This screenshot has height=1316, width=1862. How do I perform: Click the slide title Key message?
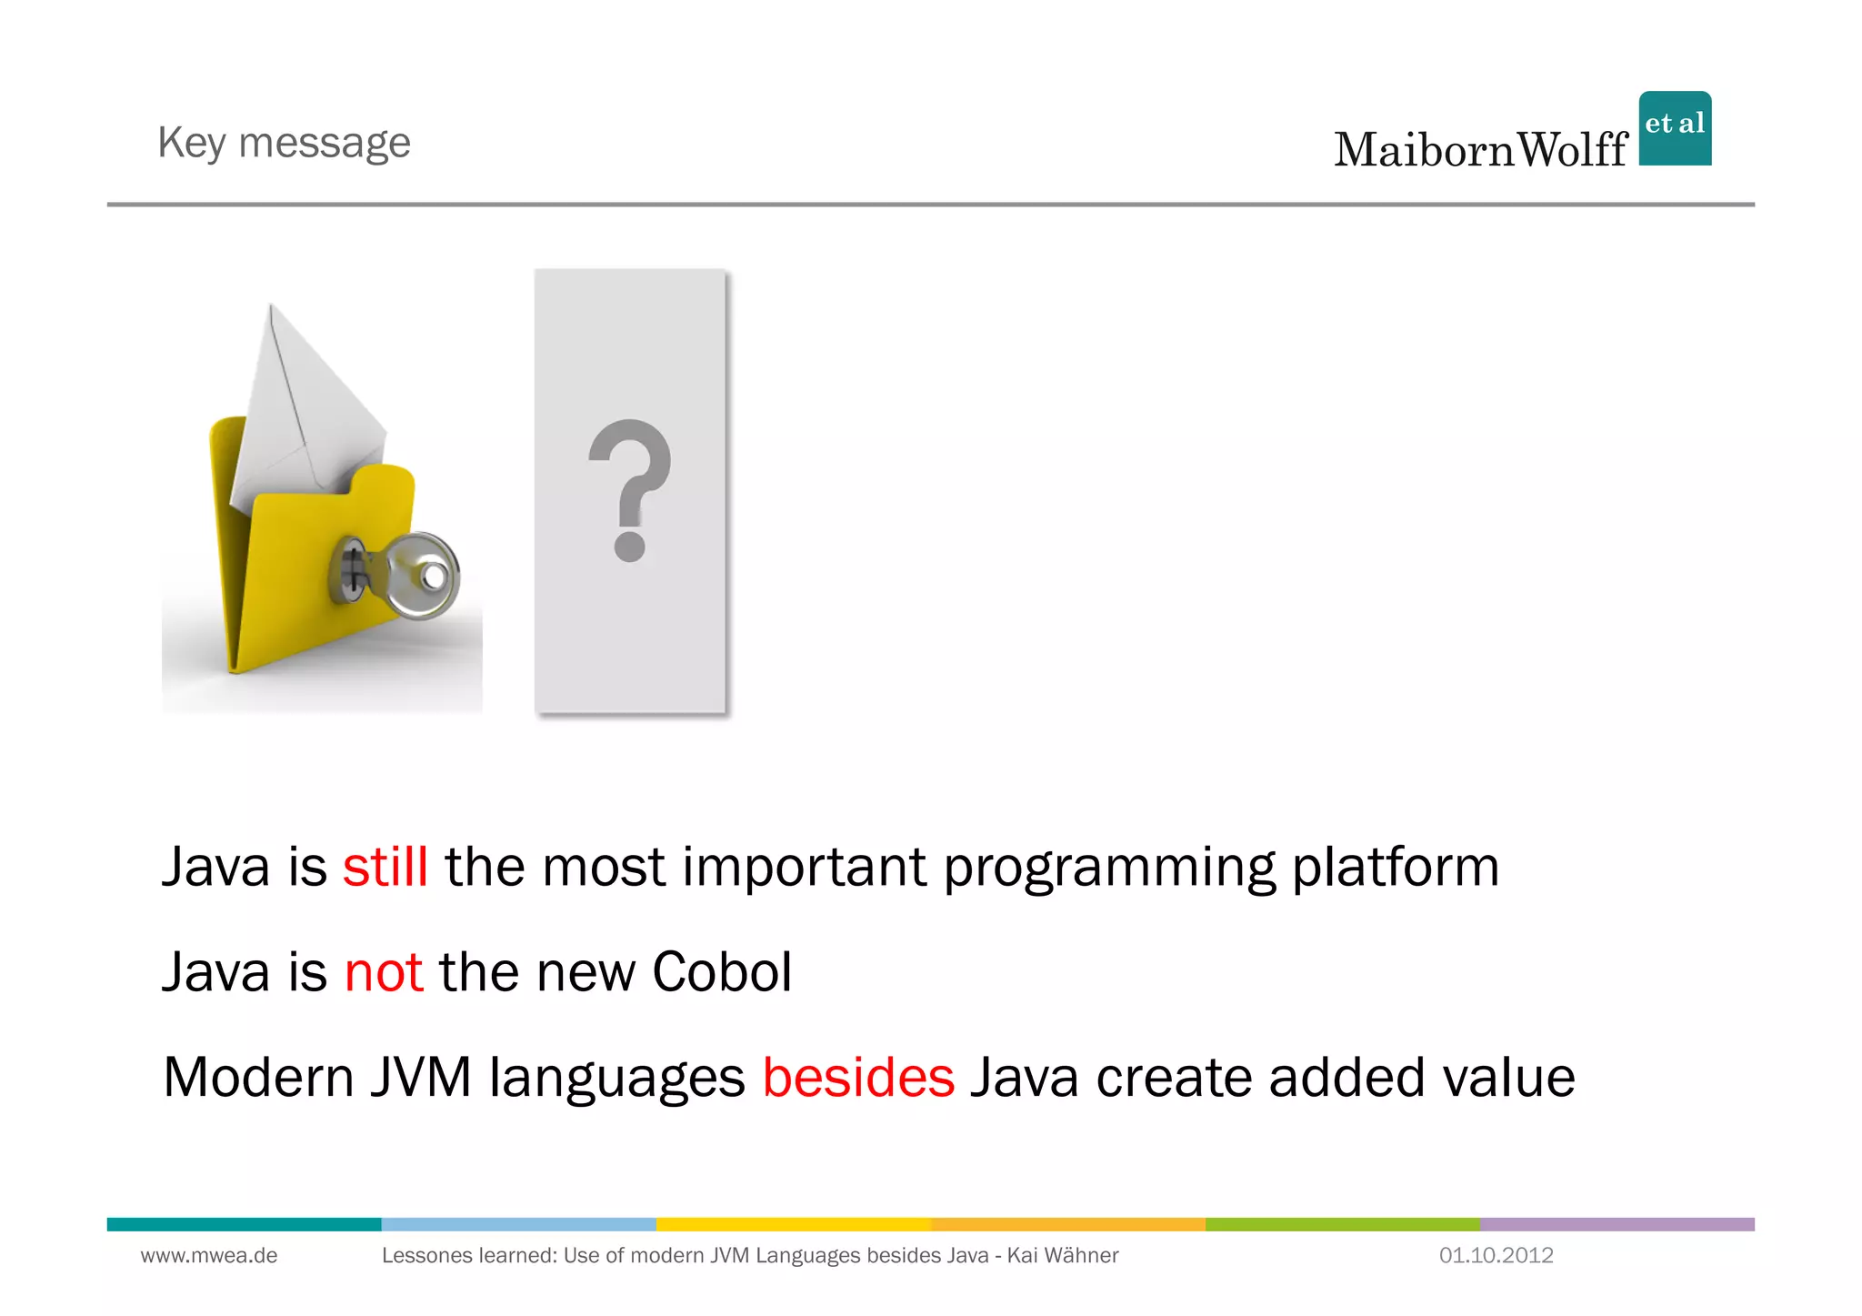point(284,143)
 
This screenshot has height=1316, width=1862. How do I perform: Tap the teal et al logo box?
point(1675,128)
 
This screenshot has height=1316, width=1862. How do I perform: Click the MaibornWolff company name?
point(1480,150)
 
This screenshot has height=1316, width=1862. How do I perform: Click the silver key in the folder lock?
point(414,576)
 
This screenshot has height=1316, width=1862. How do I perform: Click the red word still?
point(385,867)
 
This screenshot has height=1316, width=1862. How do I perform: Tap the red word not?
point(384,972)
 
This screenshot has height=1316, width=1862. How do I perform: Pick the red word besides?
point(858,1078)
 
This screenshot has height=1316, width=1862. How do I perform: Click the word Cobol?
point(722,972)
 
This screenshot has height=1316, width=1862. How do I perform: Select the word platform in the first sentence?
point(1396,867)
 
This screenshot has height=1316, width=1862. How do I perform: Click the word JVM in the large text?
point(421,1078)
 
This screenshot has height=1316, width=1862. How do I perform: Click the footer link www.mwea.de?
point(209,1256)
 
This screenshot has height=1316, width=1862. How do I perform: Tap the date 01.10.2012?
point(1496,1256)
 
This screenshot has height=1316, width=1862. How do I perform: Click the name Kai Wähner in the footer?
point(1063,1256)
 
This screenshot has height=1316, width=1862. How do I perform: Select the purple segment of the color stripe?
point(1617,1224)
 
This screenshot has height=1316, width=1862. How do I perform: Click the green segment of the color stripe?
point(1342,1224)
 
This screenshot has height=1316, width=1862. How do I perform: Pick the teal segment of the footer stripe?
point(244,1224)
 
